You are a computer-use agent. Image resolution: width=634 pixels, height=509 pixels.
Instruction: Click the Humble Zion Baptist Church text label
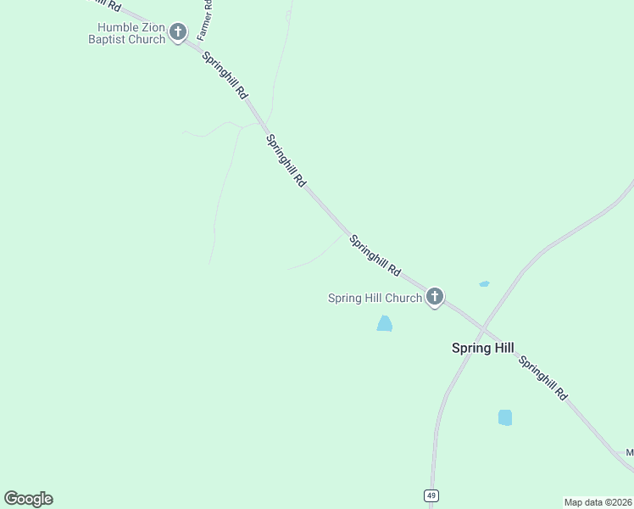click(127, 33)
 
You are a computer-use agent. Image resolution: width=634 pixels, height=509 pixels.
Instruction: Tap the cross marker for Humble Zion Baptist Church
click(177, 32)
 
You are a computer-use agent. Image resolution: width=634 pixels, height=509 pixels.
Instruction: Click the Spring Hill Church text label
click(375, 298)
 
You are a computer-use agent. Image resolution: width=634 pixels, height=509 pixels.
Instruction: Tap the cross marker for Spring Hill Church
click(434, 296)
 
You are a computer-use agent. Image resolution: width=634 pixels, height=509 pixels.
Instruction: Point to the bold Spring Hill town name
click(482, 348)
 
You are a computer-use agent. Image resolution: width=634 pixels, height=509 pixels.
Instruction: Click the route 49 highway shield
click(431, 495)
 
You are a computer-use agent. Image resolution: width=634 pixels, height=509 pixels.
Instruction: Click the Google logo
click(28, 499)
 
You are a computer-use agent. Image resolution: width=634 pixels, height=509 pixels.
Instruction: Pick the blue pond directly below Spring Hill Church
click(385, 323)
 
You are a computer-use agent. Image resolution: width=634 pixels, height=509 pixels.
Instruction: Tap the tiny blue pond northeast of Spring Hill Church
click(484, 283)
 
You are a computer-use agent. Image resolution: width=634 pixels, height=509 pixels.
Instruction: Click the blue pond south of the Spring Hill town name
click(505, 417)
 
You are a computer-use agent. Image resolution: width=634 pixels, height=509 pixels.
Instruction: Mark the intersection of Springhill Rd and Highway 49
click(481, 327)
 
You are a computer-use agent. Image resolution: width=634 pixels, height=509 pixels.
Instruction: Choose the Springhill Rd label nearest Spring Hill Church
click(375, 255)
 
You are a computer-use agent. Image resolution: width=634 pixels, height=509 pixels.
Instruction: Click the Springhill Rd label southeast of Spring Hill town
click(542, 378)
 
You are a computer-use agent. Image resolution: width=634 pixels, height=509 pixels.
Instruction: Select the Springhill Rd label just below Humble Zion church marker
click(225, 74)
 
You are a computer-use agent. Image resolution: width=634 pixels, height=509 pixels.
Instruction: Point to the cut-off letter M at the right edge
click(630, 452)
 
